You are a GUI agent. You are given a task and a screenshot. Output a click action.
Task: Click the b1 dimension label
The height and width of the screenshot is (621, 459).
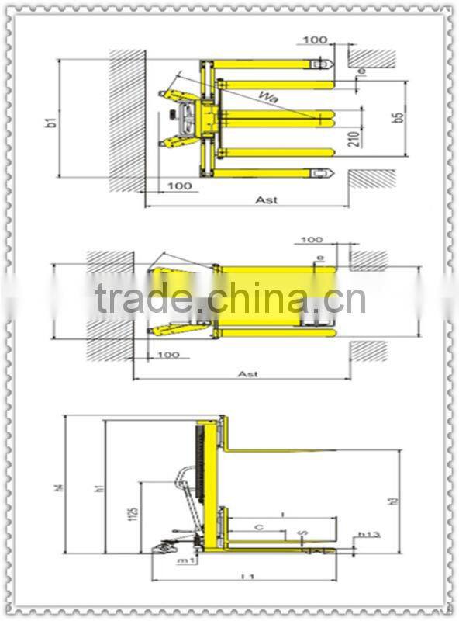click(50, 121)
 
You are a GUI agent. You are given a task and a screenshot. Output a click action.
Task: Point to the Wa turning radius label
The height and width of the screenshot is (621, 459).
click(269, 97)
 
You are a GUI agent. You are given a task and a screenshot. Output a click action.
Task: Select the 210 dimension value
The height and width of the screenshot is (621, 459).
click(353, 139)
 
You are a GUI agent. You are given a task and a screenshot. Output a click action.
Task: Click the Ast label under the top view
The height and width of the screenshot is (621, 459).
click(266, 199)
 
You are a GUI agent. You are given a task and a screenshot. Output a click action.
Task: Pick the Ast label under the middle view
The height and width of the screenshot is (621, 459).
click(247, 373)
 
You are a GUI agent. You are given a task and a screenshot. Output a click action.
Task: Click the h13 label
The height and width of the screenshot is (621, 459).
click(368, 535)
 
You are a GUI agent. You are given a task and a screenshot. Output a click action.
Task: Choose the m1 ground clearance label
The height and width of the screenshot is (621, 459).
click(185, 560)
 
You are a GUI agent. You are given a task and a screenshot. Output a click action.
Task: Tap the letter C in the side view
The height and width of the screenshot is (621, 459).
click(259, 527)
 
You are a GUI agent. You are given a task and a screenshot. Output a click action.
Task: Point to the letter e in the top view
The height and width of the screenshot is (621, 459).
click(361, 72)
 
